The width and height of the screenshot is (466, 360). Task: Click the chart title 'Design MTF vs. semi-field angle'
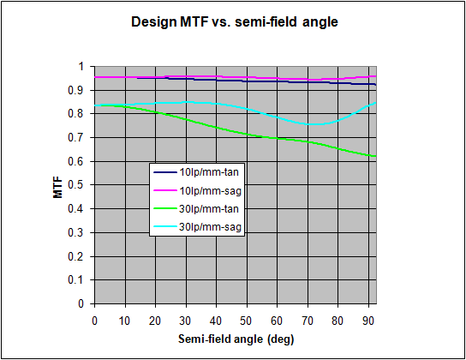(235, 22)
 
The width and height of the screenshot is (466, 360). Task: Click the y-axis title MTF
(58, 187)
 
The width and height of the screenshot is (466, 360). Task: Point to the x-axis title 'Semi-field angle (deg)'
(236, 339)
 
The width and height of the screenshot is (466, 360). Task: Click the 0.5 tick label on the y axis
(76, 185)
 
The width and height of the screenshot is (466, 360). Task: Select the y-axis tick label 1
(81, 66)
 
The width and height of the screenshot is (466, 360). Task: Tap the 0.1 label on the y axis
(76, 280)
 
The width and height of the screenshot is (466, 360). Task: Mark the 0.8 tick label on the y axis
(76, 114)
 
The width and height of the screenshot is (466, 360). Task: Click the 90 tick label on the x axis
(368, 321)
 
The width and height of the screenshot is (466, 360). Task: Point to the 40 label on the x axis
(216, 321)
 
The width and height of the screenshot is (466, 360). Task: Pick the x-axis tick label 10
(124, 321)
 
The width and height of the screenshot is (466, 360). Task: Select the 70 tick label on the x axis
(308, 321)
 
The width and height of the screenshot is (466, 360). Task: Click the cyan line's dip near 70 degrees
(314, 124)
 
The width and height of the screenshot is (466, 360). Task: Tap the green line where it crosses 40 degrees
(217, 127)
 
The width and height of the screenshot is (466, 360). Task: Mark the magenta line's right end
(376, 76)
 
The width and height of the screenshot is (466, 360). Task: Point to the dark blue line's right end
(376, 85)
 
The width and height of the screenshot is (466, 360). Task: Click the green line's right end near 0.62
(376, 156)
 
